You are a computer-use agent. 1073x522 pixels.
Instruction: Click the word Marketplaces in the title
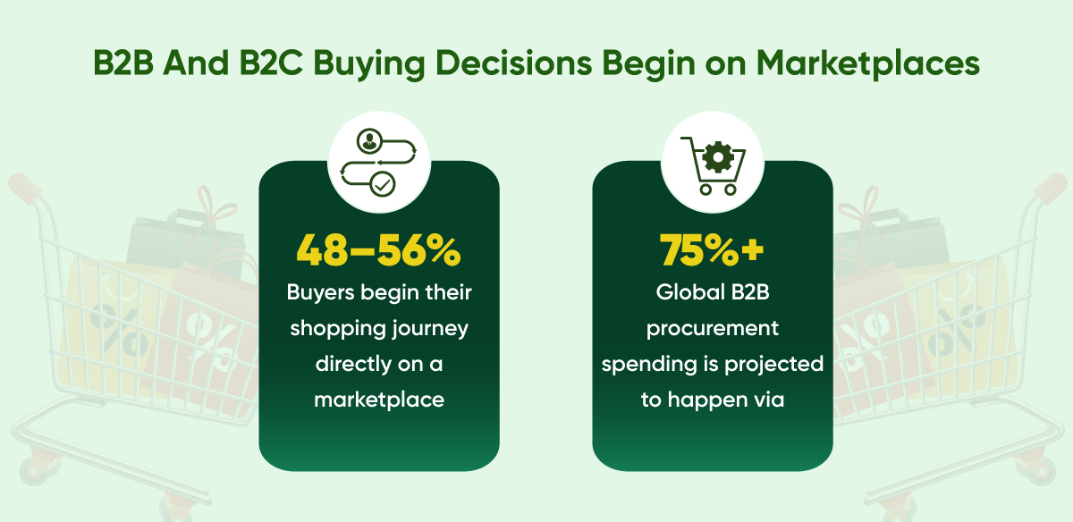tap(868, 63)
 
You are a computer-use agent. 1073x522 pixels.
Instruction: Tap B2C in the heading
tap(271, 63)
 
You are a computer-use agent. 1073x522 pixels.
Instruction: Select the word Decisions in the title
tap(513, 63)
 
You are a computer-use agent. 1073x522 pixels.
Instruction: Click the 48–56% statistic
tap(378, 250)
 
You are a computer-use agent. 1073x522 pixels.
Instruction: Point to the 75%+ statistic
tap(712, 250)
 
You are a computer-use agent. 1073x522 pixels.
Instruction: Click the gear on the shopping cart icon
tap(717, 156)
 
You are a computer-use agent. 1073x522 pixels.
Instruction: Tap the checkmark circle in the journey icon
tap(383, 184)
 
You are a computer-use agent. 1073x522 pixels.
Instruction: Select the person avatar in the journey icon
tap(369, 141)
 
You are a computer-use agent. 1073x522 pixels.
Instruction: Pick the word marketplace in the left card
tap(379, 400)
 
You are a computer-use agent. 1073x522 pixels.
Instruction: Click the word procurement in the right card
tap(713, 330)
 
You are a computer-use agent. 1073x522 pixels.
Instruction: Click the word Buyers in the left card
tap(320, 293)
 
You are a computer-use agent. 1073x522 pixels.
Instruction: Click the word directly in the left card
tap(352, 365)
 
